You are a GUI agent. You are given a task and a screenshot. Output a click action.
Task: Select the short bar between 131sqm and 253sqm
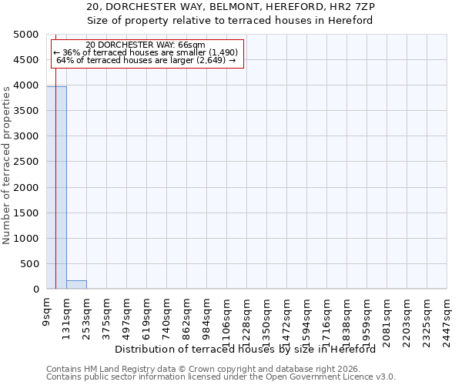pyautogui.click(x=76, y=285)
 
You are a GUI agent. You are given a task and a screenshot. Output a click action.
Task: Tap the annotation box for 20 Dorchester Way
pyautogui.click(x=146, y=53)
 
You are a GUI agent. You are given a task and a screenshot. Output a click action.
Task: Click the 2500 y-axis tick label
pyautogui.click(x=27, y=162)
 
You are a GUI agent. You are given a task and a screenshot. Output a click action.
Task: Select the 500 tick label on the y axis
pyautogui.click(x=30, y=263)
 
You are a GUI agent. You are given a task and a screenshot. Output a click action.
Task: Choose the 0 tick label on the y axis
pyautogui.click(x=36, y=289)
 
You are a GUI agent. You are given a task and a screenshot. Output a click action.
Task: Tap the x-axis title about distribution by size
pyautogui.click(x=250, y=349)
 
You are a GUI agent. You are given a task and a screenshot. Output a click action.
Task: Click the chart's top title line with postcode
pyautogui.click(x=230, y=7)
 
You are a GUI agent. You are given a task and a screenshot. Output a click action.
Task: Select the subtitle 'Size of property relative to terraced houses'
pyautogui.click(x=230, y=20)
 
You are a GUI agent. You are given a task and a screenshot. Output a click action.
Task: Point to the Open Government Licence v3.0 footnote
pyautogui.click(x=221, y=377)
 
